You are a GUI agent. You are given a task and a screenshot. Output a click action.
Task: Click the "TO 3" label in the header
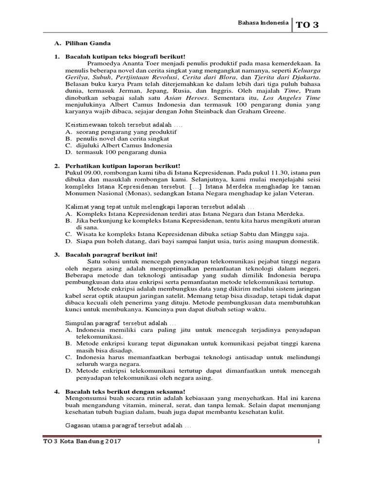click(309, 25)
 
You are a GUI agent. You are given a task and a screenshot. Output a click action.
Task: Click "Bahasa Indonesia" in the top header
click(262, 22)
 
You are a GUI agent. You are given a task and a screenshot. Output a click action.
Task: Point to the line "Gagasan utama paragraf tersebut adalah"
click(125, 425)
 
